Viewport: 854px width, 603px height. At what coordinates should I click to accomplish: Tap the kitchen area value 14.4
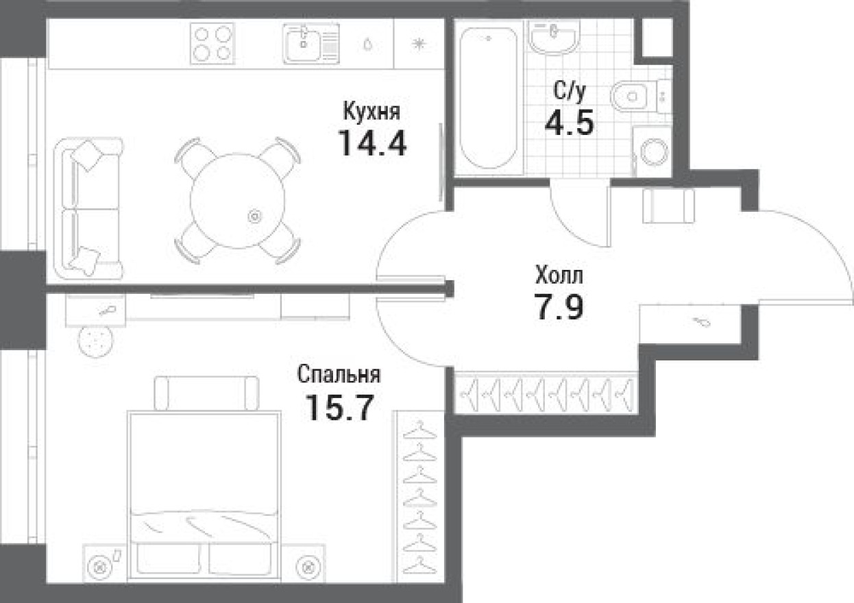(372, 143)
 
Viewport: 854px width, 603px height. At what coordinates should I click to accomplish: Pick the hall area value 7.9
(559, 308)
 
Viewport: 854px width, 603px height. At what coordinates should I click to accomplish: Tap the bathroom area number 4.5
(568, 124)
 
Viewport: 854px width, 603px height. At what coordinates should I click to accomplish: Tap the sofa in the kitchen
(92, 208)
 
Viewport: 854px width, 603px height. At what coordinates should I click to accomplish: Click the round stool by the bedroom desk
(97, 340)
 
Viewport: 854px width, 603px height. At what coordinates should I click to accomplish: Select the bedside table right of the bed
(305, 565)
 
